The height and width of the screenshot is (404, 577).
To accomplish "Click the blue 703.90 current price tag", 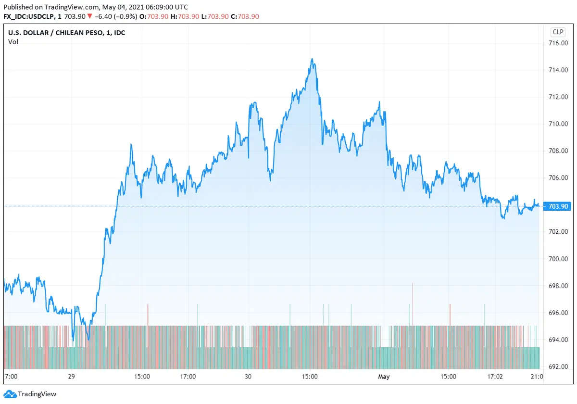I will point(558,206).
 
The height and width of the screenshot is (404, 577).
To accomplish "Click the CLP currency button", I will point(558,32).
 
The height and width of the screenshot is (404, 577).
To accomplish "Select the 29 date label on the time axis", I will point(71,377).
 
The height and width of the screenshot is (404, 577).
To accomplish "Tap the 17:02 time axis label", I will point(495,377).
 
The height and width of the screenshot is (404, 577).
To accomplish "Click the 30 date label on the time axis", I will point(248,377).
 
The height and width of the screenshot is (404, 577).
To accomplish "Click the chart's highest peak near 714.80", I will point(312,59).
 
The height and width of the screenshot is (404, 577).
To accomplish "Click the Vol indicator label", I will point(13,42).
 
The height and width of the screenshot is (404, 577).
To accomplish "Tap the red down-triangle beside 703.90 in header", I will point(90,16).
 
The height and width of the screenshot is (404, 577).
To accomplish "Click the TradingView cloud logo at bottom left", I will point(10,394).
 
